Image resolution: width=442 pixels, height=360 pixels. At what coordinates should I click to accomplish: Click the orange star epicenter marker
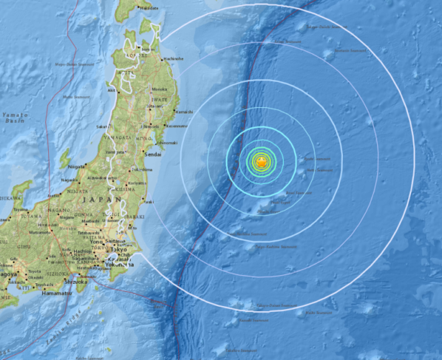[261, 161]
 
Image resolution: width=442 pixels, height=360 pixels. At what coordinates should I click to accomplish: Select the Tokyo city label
[119, 250]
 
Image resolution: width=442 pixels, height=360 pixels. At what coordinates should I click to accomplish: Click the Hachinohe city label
[174, 58]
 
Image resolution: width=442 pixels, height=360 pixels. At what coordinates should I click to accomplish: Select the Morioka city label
[159, 89]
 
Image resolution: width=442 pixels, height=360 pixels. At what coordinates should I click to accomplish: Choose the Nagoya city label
[9, 274]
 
